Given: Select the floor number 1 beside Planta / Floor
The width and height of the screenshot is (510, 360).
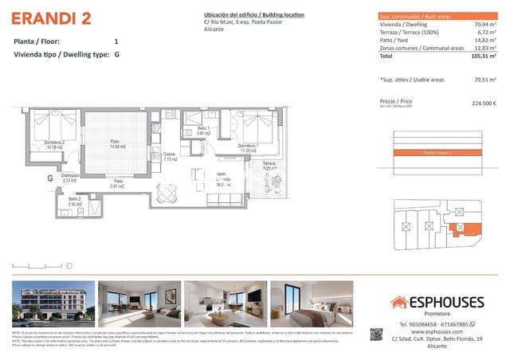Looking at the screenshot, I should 116,41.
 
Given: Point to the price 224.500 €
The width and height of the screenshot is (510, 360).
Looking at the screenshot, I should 484,103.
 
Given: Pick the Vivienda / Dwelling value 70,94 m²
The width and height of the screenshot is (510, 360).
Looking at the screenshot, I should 484,25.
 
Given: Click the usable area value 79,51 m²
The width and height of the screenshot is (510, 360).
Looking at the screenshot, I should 483,80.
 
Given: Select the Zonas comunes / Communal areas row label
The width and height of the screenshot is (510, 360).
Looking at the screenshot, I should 422,49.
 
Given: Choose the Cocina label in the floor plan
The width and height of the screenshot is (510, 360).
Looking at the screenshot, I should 169,157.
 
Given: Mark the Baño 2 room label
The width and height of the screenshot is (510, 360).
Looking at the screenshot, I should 74,202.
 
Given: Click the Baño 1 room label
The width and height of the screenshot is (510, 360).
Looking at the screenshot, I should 203,131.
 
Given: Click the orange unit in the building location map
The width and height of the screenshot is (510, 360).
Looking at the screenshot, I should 461,230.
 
